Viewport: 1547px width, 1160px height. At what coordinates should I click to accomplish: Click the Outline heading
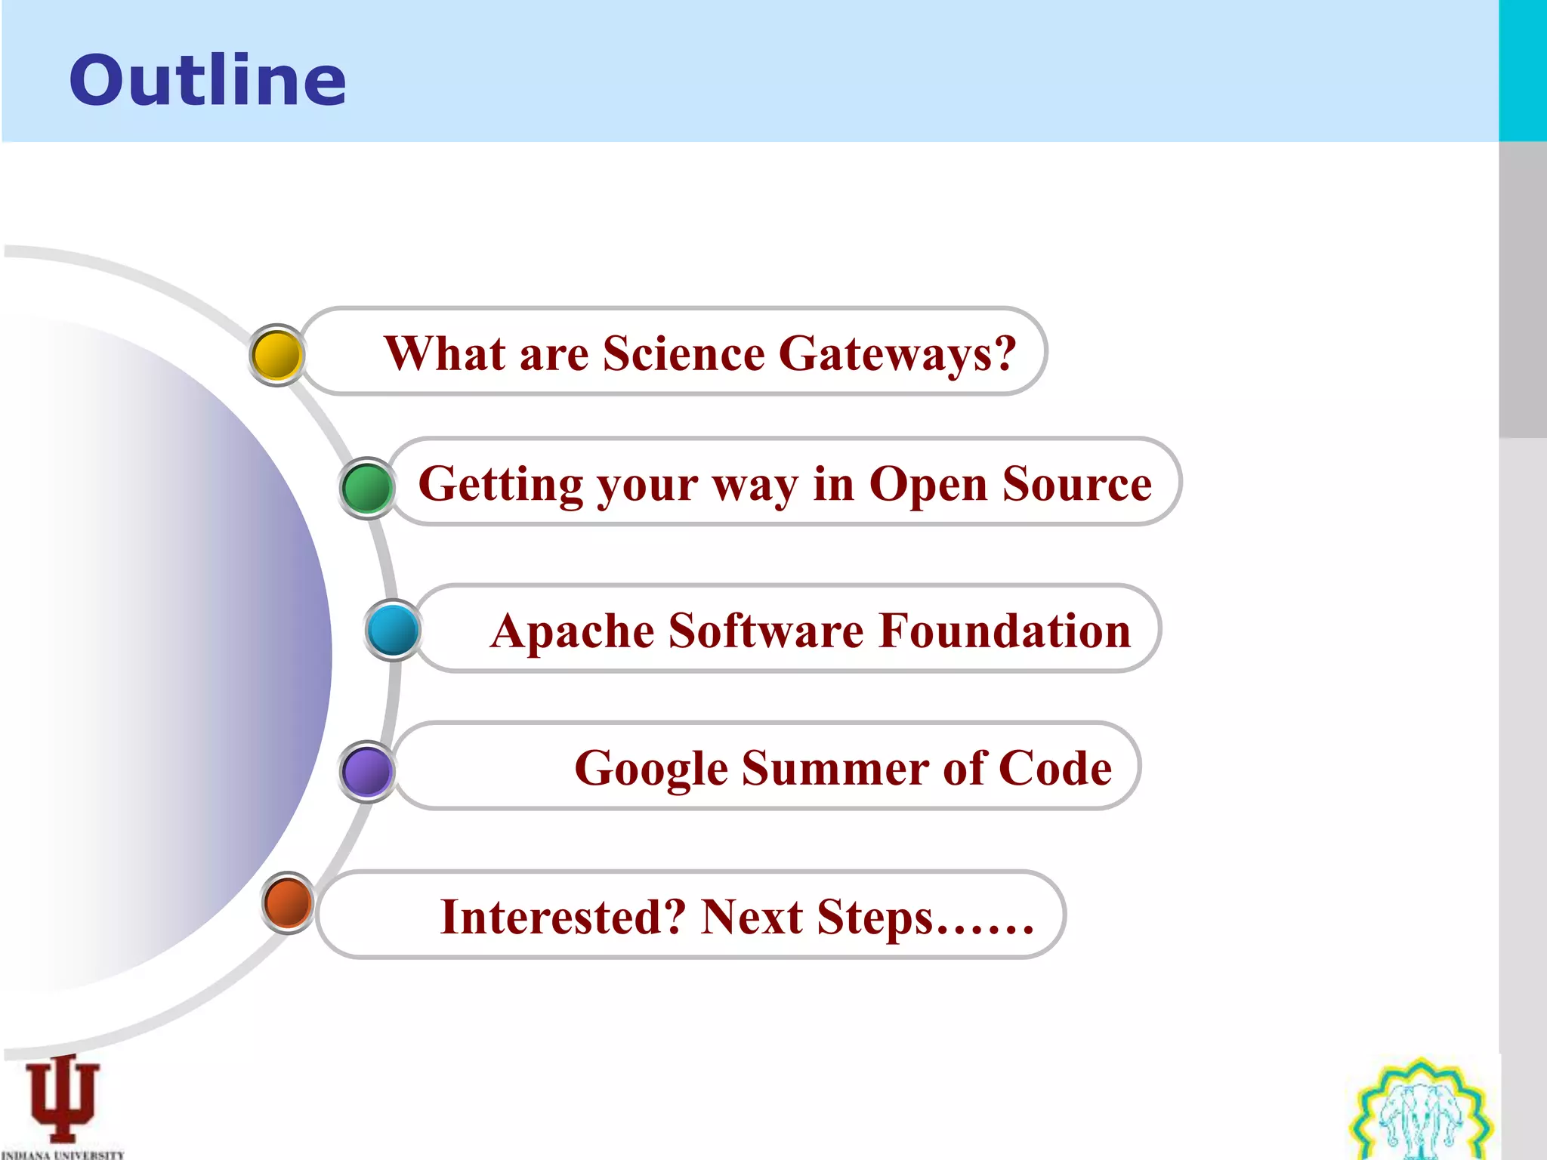(208, 81)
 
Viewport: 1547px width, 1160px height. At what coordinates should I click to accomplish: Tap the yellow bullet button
(276, 355)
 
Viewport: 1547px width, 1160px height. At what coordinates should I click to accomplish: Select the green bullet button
(367, 488)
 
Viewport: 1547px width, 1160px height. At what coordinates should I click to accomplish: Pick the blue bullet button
(393, 630)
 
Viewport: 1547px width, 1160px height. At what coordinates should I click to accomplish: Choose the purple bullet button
(367, 771)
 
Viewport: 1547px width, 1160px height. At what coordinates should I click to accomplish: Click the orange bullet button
(288, 902)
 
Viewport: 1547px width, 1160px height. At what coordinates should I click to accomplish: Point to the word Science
(684, 353)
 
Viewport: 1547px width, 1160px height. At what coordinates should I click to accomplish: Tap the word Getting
(500, 485)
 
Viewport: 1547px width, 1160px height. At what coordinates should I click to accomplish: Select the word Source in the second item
(1076, 484)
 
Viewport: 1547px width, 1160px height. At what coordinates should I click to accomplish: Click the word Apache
(572, 631)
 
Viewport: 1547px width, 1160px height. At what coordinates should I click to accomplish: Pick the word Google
(650, 770)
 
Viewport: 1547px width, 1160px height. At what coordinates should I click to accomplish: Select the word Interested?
(563, 917)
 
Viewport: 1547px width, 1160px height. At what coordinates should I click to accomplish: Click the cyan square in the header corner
(1522, 70)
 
